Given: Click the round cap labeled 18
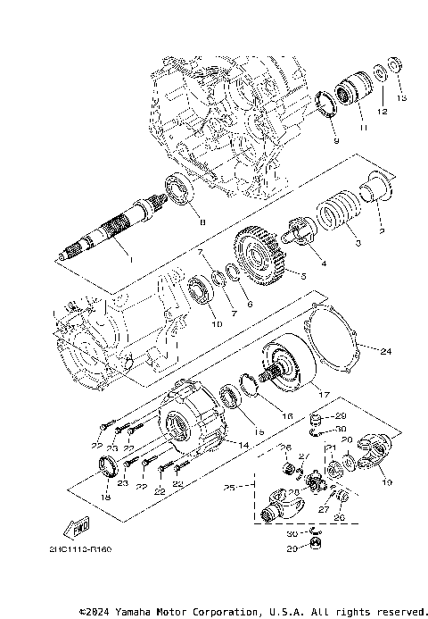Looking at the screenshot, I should click(109, 465).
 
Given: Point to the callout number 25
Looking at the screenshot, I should click(229, 489).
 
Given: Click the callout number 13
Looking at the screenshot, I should click(400, 96).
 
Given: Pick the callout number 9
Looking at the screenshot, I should click(336, 140).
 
